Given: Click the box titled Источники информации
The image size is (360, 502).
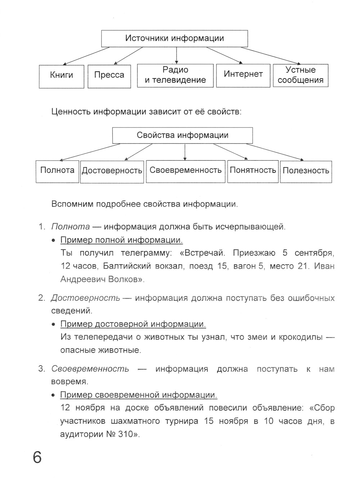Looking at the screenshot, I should pos(175,39).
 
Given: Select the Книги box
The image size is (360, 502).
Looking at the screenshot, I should pos(62,76).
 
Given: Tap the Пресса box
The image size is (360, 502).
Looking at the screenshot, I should pos(109,76).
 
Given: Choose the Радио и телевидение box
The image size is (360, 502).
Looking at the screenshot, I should pos(175,75).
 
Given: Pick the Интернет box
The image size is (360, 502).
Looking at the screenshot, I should pos(243,75).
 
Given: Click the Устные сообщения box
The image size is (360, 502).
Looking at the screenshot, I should pos(301,75).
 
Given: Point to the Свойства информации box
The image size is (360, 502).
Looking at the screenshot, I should pos(183,135).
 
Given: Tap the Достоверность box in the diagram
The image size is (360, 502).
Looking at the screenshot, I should pos(112,171).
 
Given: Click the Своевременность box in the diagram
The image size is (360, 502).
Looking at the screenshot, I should pos(185,170).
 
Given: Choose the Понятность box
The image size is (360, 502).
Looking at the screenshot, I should pos(253,170).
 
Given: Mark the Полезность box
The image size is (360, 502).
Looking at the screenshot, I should pos(306,171).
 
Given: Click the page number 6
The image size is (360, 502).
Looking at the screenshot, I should pos(37,458).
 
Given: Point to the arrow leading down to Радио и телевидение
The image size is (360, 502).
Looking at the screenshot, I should pos(176,55).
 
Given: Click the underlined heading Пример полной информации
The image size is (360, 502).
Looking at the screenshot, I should pos(121,240).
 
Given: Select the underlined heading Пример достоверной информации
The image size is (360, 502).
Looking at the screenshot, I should pos(133,324).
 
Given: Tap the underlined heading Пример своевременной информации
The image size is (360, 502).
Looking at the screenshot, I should pos(139,395).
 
